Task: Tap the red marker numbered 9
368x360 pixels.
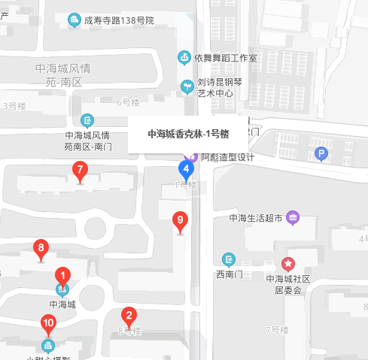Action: (179, 222)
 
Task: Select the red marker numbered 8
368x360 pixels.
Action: (41, 247)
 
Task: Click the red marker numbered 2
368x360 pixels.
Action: (129, 316)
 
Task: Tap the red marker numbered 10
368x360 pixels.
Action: (48, 324)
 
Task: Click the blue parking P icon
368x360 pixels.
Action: (322, 155)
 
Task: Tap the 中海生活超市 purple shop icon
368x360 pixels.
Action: (293, 219)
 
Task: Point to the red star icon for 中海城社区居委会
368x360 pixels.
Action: (288, 264)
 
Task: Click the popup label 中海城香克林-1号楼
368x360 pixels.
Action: (187, 135)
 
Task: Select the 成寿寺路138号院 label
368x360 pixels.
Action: (119, 20)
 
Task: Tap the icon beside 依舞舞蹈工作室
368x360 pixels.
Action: (184, 58)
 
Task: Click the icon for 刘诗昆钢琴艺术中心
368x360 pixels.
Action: (187, 86)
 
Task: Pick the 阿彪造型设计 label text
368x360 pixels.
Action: (228, 158)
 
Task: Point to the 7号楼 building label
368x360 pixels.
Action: (278, 329)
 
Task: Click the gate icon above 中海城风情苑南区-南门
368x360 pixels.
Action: (88, 120)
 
